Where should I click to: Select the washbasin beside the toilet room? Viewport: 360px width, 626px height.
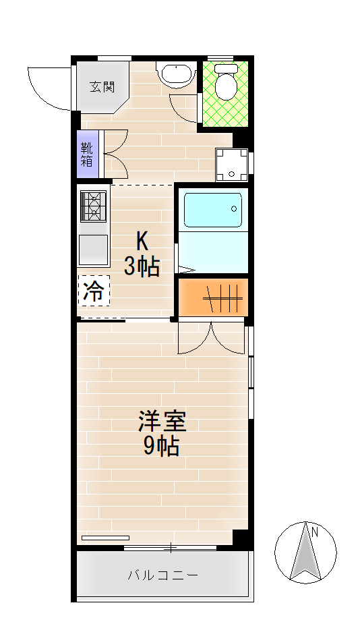(x=176, y=74)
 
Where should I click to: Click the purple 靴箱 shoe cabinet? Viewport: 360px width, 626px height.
(x=87, y=154)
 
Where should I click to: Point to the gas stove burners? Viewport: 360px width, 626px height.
(x=93, y=205)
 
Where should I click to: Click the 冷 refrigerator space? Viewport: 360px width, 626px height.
(x=94, y=291)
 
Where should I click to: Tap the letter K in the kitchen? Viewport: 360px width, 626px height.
(x=142, y=240)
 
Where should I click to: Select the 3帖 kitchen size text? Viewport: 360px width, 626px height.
(x=142, y=266)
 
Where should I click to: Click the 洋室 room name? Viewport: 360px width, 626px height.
(x=162, y=421)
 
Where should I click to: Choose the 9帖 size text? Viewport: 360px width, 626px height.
(x=161, y=446)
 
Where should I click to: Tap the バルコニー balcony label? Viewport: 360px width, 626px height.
(x=163, y=575)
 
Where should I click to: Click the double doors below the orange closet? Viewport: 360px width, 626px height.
(x=211, y=338)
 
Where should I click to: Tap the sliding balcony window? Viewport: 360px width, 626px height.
(x=170, y=548)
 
